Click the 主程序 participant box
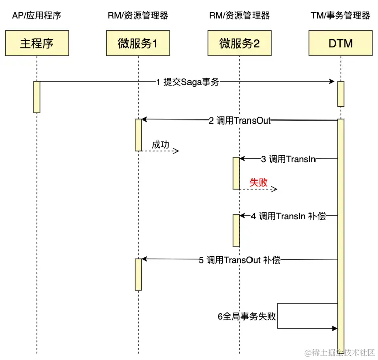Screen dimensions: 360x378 coord(37,43)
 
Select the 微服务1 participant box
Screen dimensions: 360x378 coord(138,43)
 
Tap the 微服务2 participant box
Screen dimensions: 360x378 coord(239,43)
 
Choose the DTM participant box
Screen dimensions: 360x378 coord(341,43)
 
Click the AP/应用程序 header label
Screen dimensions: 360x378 coord(36,16)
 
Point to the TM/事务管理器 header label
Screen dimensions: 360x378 coord(341,16)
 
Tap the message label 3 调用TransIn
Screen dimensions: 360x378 coord(288,159)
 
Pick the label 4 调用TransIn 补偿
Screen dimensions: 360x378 coord(288,216)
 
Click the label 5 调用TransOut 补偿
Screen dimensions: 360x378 coord(239,260)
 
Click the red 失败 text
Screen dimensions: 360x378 coord(259,182)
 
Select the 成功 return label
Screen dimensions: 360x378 coord(160,145)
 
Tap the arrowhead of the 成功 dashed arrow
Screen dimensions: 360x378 coord(177,151)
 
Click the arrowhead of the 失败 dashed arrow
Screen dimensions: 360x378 coord(275,189)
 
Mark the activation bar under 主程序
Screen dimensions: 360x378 coord(37,97)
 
